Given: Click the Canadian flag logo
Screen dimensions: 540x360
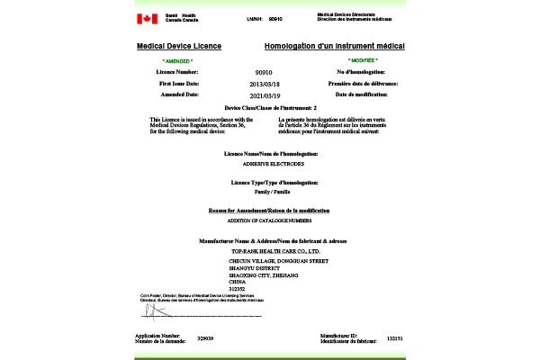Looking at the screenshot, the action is pos(146,19).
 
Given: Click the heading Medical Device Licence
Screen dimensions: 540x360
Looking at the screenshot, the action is pos(179,46).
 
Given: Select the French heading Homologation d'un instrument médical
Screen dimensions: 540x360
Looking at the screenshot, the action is pos(334,46).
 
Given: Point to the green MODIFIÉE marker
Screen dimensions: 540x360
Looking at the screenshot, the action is pos(362,59).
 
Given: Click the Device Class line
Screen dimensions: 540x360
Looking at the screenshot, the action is pos(270,107).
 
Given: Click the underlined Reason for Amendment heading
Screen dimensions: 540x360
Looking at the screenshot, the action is pos(270,210).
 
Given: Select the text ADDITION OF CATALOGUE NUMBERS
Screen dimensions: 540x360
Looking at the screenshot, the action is pos(269,220).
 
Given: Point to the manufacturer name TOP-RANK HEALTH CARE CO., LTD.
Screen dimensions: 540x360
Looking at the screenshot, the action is pos(271,250).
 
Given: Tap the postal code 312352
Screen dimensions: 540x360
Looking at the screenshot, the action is pos(238,288).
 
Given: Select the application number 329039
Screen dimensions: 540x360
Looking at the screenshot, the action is pos(205,338).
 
